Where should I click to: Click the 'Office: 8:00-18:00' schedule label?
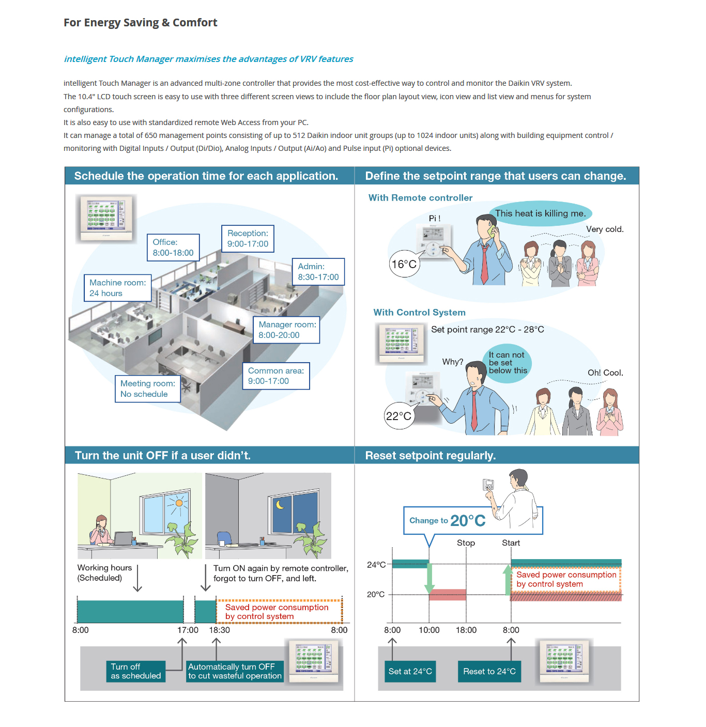[173, 248]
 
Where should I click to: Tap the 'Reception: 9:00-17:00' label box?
[248, 239]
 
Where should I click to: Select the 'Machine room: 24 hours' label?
[117, 288]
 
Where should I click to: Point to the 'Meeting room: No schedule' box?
[147, 389]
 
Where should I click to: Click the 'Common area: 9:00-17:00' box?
[275, 376]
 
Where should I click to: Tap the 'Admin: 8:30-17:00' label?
[318, 272]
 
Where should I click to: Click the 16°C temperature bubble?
[404, 264]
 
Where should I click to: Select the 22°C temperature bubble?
[398, 416]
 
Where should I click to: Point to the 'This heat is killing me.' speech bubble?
[540, 213]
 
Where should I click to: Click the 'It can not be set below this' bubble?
[508, 363]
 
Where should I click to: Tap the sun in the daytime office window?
[179, 502]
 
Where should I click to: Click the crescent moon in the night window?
[280, 504]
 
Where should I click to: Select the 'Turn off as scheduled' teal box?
[136, 671]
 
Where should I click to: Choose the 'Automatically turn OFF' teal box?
[235, 671]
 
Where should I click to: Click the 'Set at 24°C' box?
[410, 671]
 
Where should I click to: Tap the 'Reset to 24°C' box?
[489, 671]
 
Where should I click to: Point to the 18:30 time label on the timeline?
[219, 630]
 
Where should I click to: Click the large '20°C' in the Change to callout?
[468, 520]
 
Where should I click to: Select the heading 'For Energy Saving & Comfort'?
[141, 23]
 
